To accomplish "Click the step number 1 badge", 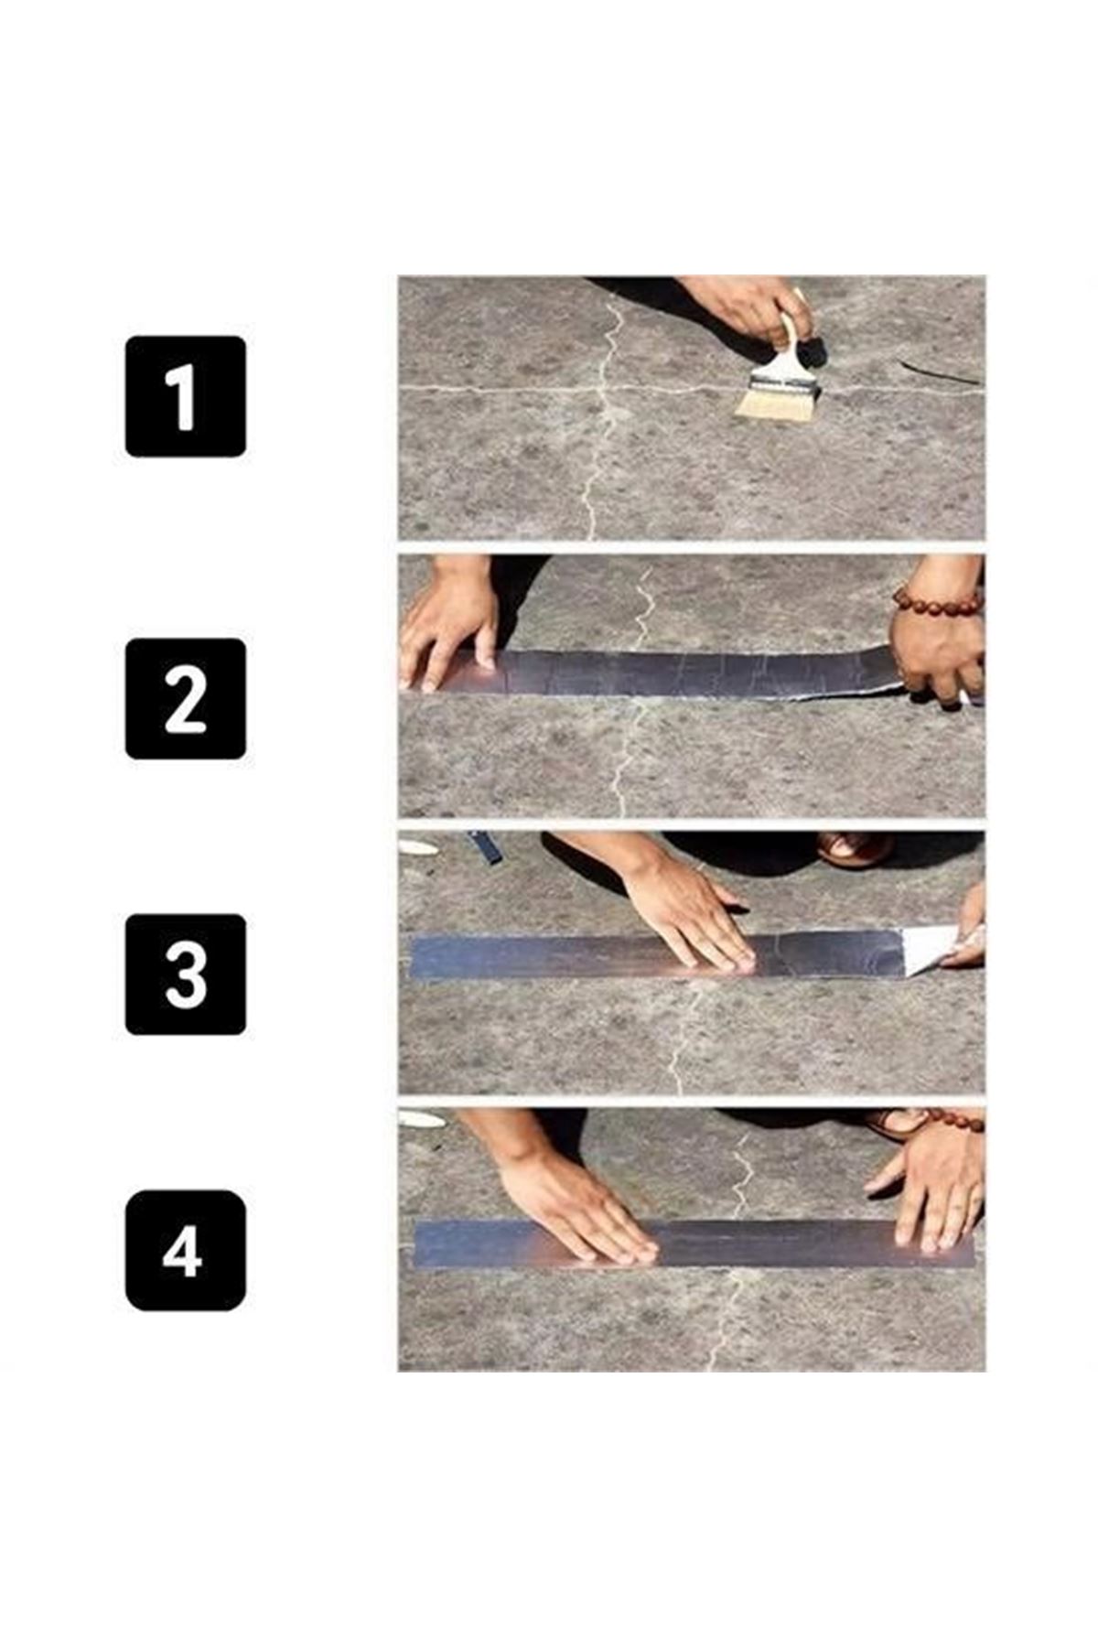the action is (x=186, y=396).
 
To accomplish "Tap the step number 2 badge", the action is (x=186, y=699).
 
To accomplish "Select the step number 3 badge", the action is (x=186, y=974).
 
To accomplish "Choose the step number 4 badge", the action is (x=186, y=1251).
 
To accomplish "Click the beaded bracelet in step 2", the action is (x=938, y=601).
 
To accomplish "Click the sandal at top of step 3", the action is (x=855, y=848).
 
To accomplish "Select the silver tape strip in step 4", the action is (x=693, y=1244).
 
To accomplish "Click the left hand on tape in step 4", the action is (x=572, y=1208).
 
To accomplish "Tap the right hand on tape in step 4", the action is (x=929, y=1189).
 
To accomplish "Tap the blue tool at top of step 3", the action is (x=485, y=846).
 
